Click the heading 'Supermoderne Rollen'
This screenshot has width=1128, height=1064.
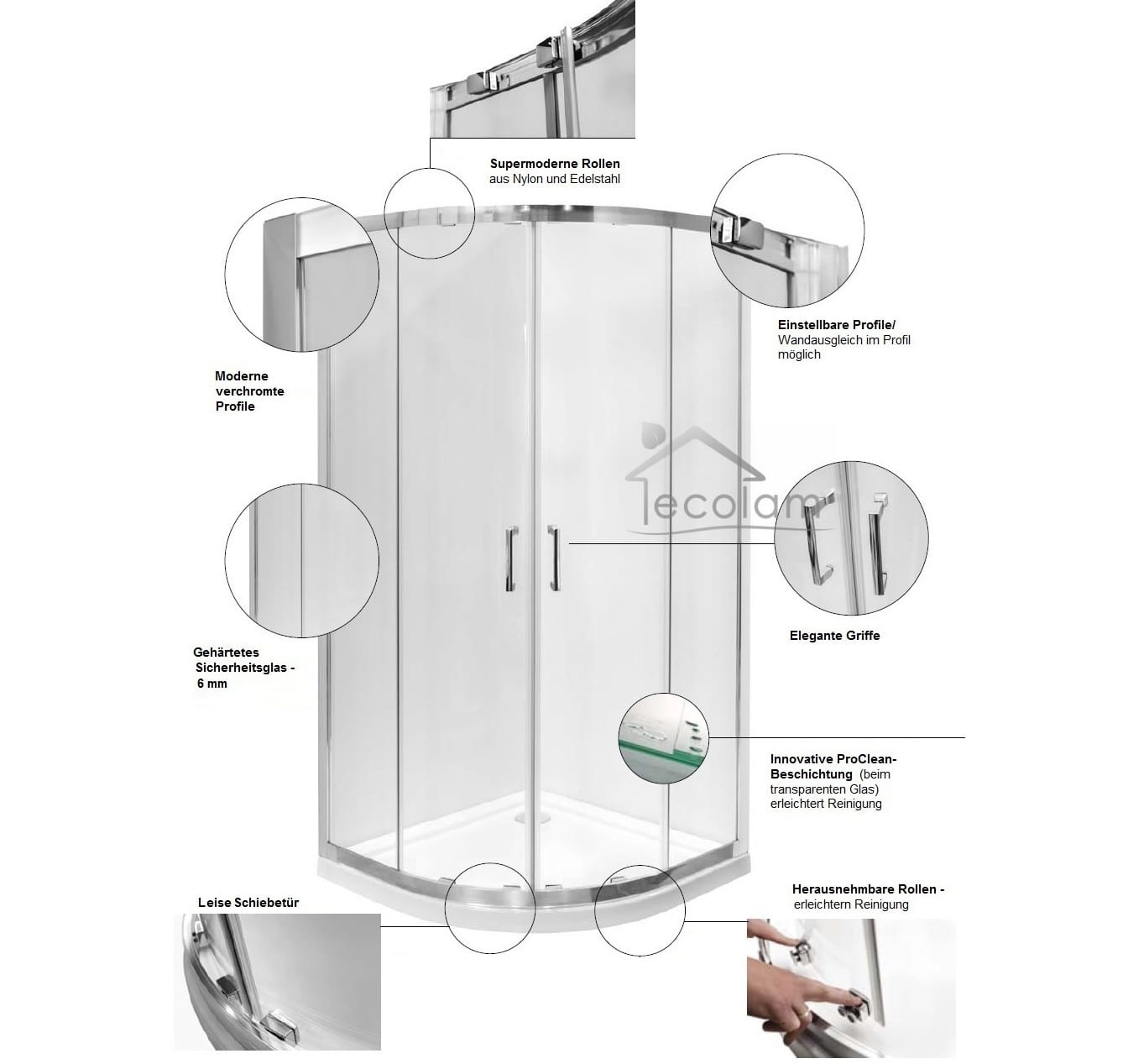(x=555, y=164)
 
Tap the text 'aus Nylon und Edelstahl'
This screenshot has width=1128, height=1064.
(x=554, y=179)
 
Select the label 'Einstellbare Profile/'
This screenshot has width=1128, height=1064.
(x=837, y=325)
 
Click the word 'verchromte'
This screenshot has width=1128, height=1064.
(x=250, y=391)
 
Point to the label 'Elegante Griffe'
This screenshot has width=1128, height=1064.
(x=834, y=636)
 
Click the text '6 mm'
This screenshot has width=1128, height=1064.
(x=211, y=684)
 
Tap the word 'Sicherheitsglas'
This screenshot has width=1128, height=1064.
(x=241, y=668)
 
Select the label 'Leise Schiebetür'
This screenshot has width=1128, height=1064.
(x=248, y=903)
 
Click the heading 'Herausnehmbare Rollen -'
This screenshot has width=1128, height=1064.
(x=868, y=889)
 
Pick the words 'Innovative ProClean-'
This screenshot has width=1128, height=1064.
(x=833, y=759)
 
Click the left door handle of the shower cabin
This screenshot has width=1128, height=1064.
(x=511, y=559)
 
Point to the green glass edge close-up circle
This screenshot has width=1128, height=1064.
(x=663, y=738)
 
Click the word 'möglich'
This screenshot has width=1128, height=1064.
(x=799, y=354)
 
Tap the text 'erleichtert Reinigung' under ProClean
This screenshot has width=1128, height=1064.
(x=826, y=804)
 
